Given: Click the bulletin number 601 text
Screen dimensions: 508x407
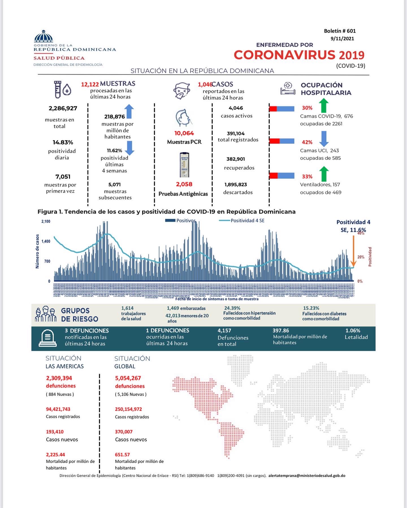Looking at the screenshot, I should coord(340,31).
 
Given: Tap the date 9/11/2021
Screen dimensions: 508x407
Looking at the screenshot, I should coord(342,39).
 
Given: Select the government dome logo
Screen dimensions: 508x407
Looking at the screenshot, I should coord(43,36).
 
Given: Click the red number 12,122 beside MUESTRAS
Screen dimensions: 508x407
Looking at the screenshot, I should coord(90,84).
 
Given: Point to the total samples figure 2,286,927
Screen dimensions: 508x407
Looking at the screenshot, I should coord(63,108).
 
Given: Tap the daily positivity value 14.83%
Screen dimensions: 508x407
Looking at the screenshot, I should coord(63,142).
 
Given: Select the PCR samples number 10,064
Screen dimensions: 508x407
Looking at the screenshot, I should coord(184,133).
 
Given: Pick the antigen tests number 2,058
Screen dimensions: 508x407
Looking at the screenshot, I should coord(184,184).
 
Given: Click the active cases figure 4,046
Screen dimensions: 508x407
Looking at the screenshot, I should coord(236,108).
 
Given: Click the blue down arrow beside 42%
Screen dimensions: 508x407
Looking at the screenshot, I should coord(324,138).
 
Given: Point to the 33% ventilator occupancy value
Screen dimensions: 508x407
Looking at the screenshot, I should coord(307,177).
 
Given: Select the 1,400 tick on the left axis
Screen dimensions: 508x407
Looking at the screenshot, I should coord(46,241).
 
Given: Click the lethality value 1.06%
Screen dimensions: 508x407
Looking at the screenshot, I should coord(353,331).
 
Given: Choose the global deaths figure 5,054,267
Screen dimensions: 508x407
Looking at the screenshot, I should coord(128,378).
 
